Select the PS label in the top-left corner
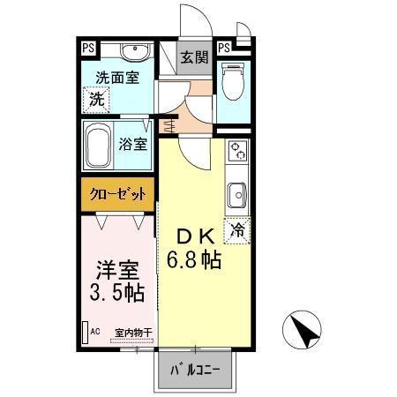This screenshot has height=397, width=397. [88, 48]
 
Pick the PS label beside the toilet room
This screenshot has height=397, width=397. [224, 48]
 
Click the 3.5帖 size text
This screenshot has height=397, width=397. [117, 292]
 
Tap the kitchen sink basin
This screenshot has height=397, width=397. [237, 193]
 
